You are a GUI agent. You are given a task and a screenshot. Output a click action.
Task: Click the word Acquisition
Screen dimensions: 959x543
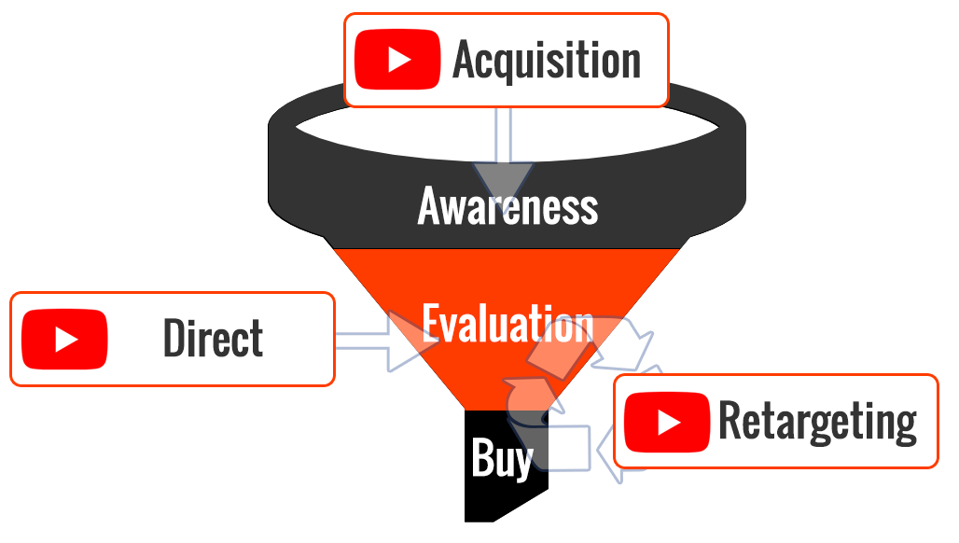pos(547,60)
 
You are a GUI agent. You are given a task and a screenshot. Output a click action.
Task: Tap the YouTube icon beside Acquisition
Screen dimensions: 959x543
pos(397,60)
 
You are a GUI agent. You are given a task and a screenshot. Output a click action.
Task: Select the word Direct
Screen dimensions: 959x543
pos(214,338)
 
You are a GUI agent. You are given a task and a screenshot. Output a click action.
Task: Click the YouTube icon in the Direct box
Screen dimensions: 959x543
pos(64,339)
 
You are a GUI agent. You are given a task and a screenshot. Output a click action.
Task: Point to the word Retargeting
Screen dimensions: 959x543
pos(818,422)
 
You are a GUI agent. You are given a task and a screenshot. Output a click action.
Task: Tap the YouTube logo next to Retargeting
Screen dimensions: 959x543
pos(667,423)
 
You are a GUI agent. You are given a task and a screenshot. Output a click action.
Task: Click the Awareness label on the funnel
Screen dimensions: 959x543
pos(507,206)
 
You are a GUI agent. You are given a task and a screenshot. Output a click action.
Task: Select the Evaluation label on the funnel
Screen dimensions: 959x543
pos(507,323)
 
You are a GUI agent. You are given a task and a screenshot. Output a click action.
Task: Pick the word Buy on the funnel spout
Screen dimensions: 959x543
pos(502,459)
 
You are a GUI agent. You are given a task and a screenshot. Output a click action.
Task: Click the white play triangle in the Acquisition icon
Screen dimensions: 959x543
pos(399,60)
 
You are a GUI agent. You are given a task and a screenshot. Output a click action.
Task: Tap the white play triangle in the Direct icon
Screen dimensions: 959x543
pos(66,339)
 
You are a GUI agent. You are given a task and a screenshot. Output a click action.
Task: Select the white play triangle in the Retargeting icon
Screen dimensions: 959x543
pos(669,423)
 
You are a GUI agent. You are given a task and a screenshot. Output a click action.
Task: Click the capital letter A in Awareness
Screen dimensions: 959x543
pos(430,206)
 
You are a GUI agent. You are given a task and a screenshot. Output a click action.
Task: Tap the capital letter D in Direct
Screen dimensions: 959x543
pos(174,338)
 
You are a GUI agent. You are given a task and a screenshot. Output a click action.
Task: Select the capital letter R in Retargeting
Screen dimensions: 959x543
pos(729,420)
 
